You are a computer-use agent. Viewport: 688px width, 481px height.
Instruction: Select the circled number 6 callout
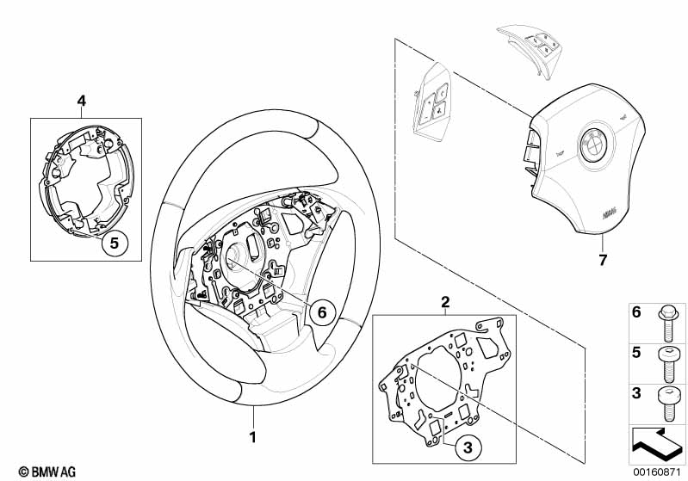click(x=320, y=312)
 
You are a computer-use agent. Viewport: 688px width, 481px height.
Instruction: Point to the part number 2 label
click(x=445, y=301)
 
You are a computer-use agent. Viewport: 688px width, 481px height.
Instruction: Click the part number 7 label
click(x=602, y=258)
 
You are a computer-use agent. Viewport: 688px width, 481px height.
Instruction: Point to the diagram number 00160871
click(x=658, y=472)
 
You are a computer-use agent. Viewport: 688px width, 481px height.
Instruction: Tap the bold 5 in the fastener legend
click(x=637, y=354)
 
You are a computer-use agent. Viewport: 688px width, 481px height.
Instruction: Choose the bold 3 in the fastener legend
click(x=637, y=392)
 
